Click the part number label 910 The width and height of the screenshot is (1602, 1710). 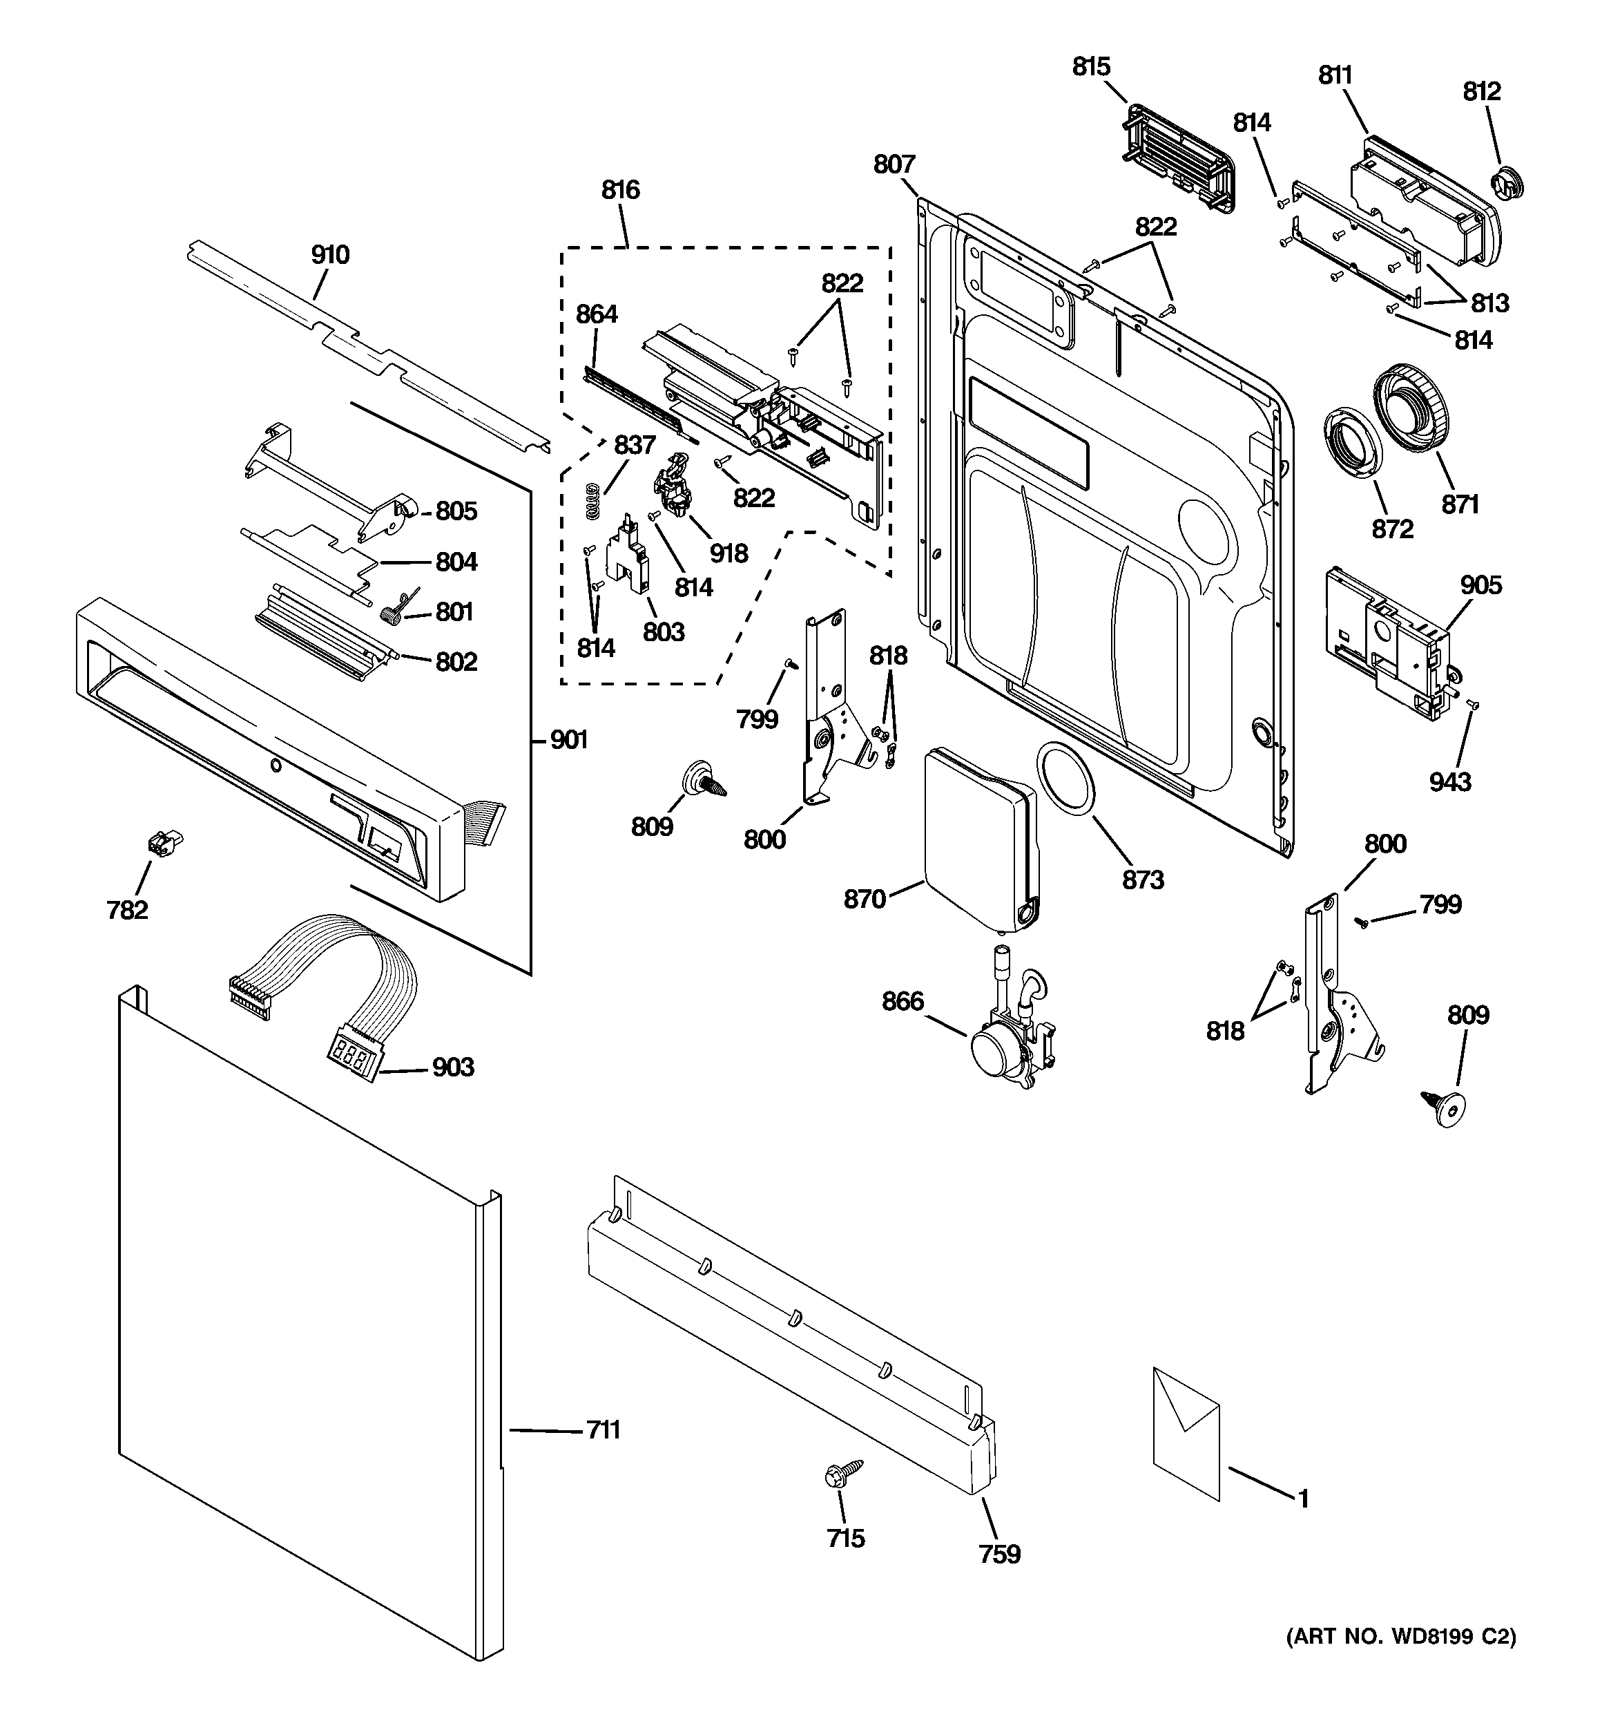coord(330,255)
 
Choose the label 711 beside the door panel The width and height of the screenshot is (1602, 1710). coord(604,1429)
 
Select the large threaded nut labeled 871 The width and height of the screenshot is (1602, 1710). coord(1409,407)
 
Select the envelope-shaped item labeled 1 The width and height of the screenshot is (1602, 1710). coord(1186,1446)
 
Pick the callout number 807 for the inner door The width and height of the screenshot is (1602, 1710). coord(894,164)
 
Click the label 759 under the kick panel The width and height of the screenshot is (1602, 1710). coord(999,1553)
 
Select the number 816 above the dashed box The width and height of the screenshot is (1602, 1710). coord(620,189)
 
